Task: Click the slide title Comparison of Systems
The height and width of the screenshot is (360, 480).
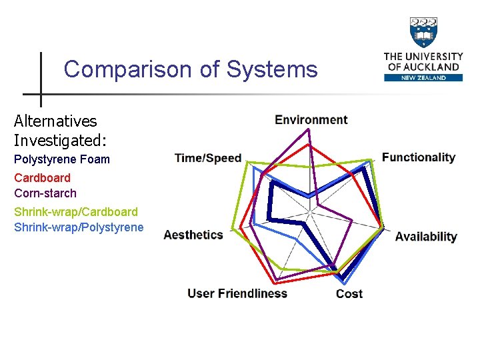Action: tap(191, 69)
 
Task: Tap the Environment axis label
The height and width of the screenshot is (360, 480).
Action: tap(311, 120)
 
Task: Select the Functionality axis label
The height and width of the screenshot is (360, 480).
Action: tap(418, 157)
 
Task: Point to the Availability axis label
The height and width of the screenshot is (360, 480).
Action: tap(425, 237)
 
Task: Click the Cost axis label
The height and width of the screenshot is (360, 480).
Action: tap(349, 293)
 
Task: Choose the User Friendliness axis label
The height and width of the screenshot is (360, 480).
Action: tap(237, 293)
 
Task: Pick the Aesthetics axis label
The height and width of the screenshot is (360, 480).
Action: tap(193, 235)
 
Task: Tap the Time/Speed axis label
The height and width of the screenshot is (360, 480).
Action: tap(207, 158)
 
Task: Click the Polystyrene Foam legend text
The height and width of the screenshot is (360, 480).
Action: tap(62, 159)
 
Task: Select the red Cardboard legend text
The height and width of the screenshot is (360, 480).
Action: tap(42, 178)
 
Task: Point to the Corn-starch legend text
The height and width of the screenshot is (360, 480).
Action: tap(45, 193)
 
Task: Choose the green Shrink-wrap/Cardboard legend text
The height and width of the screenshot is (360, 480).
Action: tap(76, 212)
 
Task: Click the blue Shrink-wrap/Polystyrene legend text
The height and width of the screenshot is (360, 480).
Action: tap(79, 227)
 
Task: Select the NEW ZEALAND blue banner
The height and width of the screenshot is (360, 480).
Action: tap(423, 77)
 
